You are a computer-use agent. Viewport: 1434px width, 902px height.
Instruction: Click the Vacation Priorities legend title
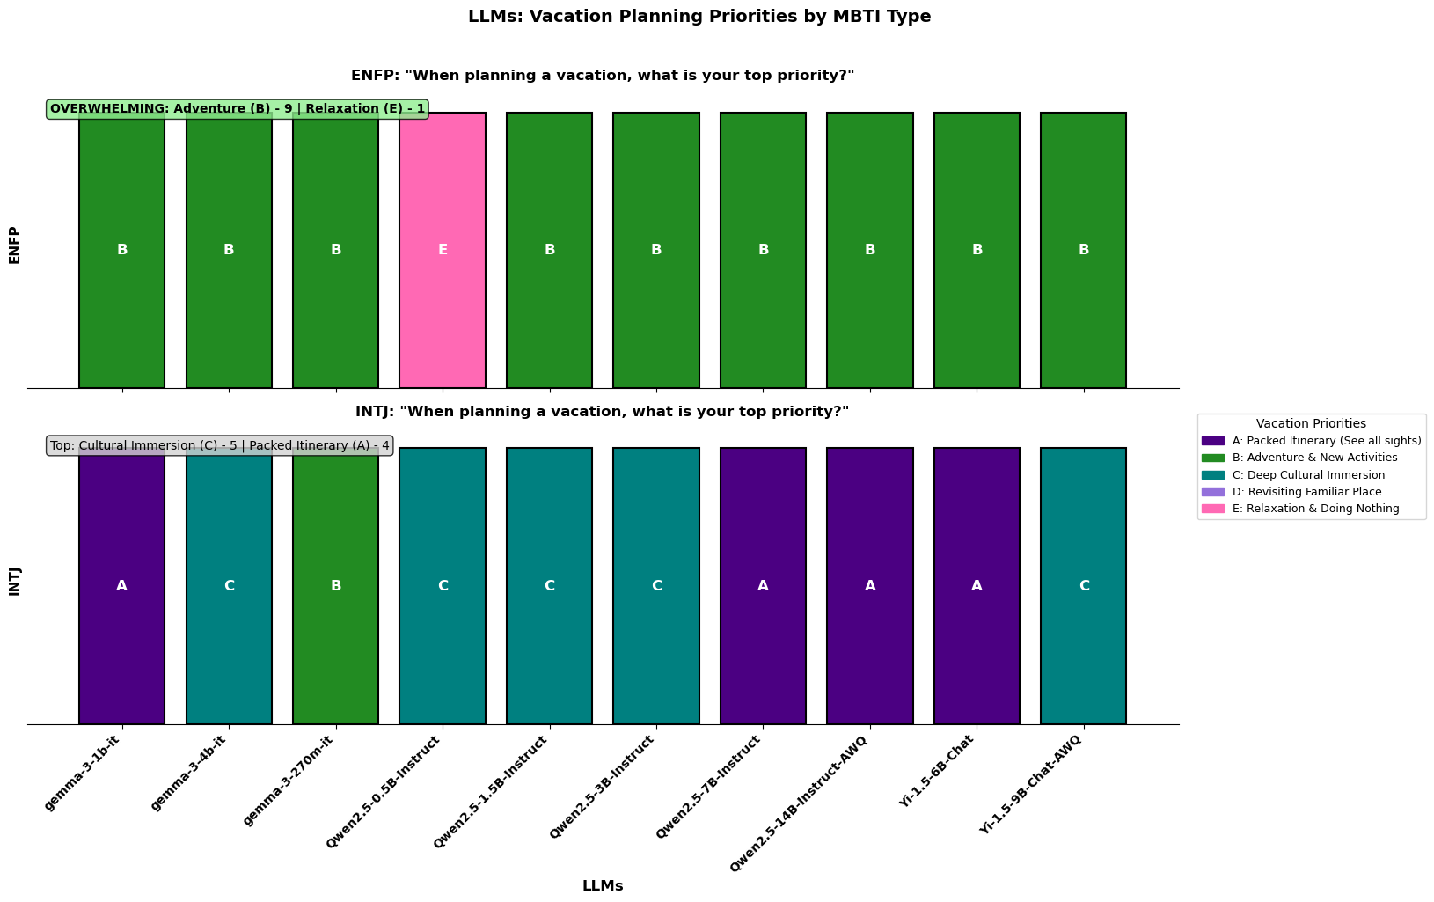click(1311, 424)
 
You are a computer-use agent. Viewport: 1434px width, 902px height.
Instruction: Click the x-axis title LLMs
click(603, 886)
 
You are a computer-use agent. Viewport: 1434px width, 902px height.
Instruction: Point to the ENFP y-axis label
click(14, 246)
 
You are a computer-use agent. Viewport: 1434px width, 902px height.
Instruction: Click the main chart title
click(699, 16)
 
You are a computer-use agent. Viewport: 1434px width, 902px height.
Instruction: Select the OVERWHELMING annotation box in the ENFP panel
click(238, 109)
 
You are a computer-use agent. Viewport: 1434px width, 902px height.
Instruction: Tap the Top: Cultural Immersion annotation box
click(220, 445)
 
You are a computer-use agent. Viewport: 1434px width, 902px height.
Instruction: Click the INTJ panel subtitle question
click(602, 412)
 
